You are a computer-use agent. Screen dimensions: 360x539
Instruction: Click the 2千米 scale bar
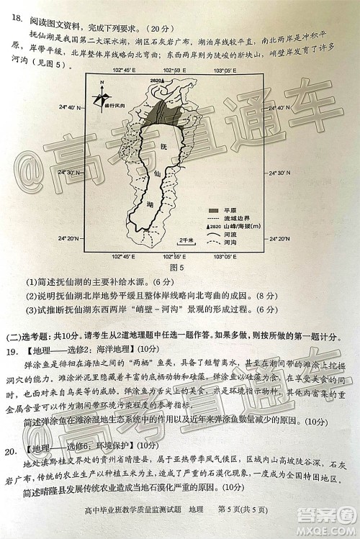point(186,242)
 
